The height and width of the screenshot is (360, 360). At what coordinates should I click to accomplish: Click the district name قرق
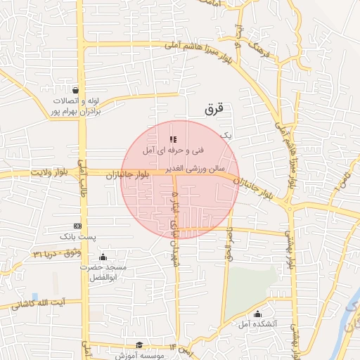tap(214, 110)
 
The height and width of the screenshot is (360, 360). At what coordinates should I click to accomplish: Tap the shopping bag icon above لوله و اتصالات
tap(75, 90)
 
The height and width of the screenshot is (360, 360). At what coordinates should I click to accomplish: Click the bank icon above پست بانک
tap(77, 226)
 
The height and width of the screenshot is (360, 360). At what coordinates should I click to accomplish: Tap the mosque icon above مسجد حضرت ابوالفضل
tap(103, 257)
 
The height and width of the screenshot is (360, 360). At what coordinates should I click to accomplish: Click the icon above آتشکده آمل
tap(257, 314)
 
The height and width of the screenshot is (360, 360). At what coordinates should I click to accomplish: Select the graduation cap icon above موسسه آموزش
tap(139, 345)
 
